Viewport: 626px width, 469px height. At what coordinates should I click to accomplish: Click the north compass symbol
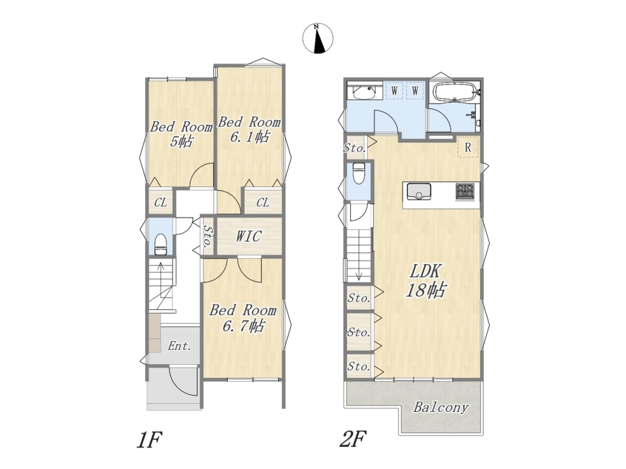[318, 38]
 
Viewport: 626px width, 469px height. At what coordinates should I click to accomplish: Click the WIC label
[248, 236]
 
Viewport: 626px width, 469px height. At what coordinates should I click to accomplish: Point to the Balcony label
[441, 408]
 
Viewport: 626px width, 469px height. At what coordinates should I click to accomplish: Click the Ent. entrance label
[179, 345]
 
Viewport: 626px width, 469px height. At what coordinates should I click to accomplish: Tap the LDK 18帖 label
[426, 281]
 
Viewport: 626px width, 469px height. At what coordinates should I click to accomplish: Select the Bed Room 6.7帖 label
[243, 318]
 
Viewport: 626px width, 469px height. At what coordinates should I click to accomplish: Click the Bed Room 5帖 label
[181, 134]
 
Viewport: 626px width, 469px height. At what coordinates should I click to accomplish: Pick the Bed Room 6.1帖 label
[249, 129]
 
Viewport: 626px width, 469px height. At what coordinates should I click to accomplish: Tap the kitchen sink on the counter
[419, 191]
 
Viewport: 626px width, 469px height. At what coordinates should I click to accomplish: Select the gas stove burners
[465, 191]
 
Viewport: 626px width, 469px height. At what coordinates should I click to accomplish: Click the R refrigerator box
[468, 147]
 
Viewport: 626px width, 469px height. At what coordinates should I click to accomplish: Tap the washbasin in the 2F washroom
[364, 92]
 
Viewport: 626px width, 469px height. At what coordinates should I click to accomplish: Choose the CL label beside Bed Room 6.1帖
[262, 202]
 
